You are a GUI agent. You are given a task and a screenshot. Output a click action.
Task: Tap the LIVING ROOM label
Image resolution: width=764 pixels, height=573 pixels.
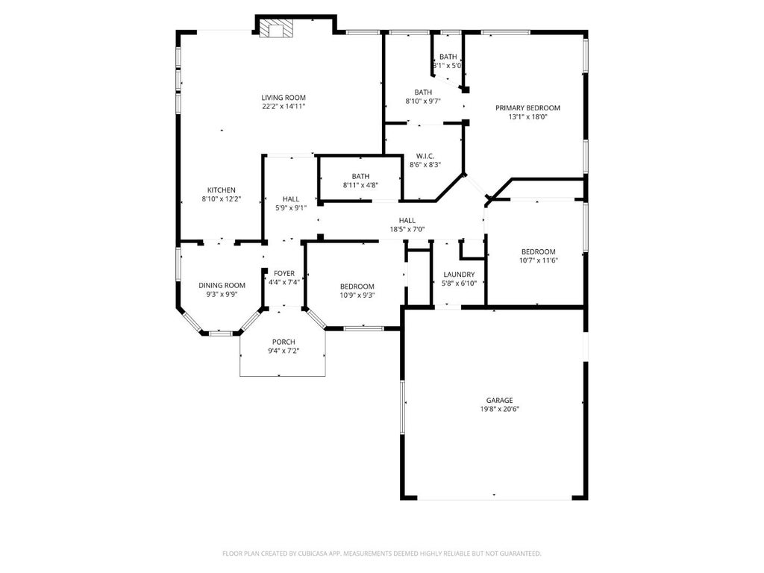pyautogui.click(x=284, y=98)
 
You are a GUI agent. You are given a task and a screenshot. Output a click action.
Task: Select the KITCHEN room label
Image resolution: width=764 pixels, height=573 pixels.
pyautogui.click(x=222, y=190)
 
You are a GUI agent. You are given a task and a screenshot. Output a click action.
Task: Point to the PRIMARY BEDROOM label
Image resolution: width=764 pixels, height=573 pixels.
pyautogui.click(x=527, y=107)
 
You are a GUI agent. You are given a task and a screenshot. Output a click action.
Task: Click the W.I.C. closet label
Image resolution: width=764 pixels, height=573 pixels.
pyautogui.click(x=425, y=156)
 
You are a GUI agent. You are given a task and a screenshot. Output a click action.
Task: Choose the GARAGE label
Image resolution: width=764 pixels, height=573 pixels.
pyautogui.click(x=499, y=401)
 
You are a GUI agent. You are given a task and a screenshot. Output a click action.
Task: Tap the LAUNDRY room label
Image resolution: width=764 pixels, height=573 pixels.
pyautogui.click(x=459, y=275)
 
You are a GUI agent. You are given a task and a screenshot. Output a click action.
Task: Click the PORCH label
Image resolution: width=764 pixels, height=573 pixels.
pyautogui.click(x=284, y=342)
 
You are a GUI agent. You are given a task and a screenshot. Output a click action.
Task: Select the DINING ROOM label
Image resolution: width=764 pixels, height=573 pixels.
pyautogui.click(x=222, y=286)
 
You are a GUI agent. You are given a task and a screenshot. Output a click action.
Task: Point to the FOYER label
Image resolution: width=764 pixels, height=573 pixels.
pyautogui.click(x=284, y=273)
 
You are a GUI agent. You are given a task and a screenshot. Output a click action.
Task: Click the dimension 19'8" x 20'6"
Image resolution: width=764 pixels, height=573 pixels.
pyautogui.click(x=499, y=410)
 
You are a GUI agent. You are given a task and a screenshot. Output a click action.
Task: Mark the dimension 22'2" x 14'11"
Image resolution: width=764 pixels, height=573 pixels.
pyautogui.click(x=284, y=106)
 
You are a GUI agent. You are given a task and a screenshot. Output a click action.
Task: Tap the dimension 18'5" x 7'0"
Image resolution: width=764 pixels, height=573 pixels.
pyautogui.click(x=407, y=230)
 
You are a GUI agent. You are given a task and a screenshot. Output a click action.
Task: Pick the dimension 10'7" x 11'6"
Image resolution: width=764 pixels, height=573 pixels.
pyautogui.click(x=539, y=260)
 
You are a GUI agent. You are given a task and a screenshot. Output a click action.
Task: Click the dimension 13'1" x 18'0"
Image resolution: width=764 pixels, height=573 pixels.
pyautogui.click(x=527, y=116)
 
